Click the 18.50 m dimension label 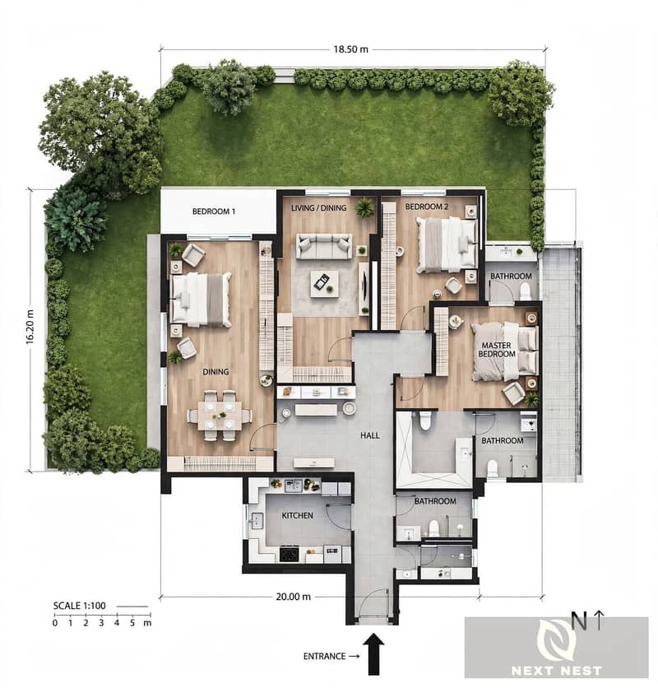tap(351, 49)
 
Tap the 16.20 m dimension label tap(30, 327)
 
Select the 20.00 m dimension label tap(294, 597)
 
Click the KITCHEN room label tap(298, 515)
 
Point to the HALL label tap(370, 435)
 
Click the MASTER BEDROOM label tap(497, 350)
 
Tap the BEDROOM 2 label tap(427, 207)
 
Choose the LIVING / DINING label tap(319, 208)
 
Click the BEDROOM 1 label tap(214, 212)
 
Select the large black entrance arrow tap(373, 653)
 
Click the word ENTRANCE tap(325, 657)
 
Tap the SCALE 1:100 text tap(80, 606)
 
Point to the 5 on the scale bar tap(132, 623)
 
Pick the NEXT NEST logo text tap(556, 671)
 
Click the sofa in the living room tap(324, 247)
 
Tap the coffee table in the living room tap(324, 284)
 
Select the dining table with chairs tap(220, 415)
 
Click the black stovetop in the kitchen tap(290, 554)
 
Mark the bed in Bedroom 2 tap(447, 244)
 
